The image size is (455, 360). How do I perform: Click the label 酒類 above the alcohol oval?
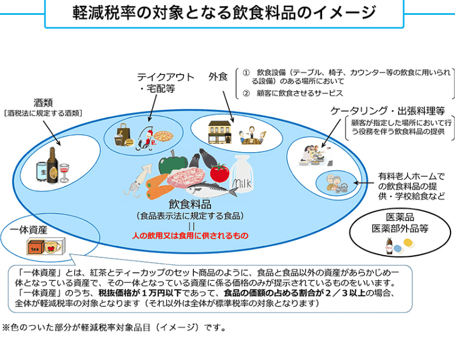pos(43,103)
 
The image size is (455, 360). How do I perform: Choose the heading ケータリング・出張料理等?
pos(388,111)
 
